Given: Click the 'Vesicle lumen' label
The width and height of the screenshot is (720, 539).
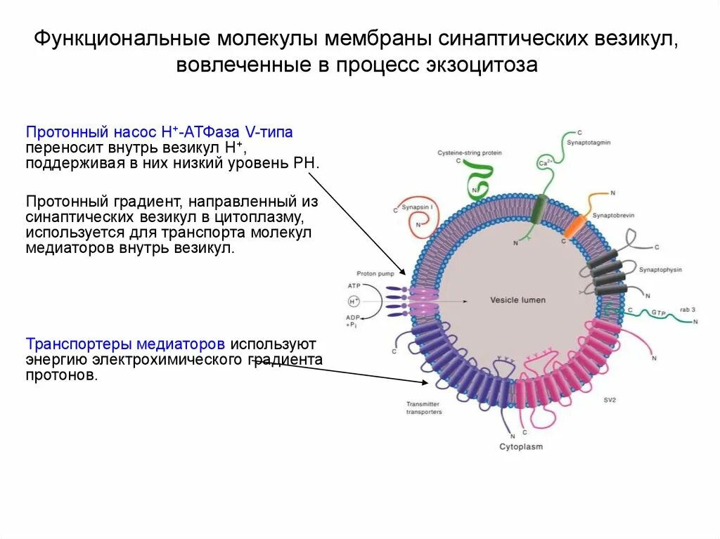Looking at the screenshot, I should click(517, 301).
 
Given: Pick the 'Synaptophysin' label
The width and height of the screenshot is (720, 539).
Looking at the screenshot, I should click(660, 270).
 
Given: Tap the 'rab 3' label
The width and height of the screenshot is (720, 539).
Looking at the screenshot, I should click(687, 309).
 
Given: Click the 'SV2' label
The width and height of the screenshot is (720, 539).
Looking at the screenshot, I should click(610, 400).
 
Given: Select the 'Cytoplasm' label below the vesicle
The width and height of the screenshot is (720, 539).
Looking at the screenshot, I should click(521, 446).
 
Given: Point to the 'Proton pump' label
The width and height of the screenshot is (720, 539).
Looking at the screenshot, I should click(371, 274).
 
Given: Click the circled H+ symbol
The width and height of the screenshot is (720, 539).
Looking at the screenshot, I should click(354, 301).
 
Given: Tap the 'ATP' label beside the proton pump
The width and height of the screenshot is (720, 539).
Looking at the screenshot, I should click(353, 286).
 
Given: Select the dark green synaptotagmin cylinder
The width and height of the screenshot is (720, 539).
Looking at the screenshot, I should click(539, 210).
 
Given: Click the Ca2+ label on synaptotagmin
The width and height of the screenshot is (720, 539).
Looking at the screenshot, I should click(544, 163).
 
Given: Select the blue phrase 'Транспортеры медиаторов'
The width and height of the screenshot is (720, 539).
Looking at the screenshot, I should click(126, 344).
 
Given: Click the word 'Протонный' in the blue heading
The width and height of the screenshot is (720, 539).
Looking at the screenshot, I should click(57, 131).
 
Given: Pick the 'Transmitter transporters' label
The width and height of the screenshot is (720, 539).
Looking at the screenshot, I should click(424, 408).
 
